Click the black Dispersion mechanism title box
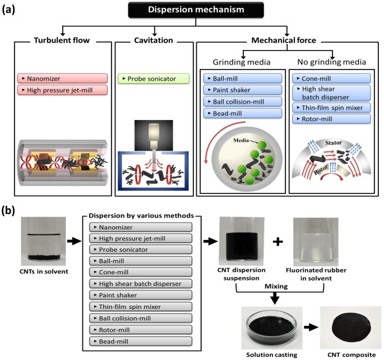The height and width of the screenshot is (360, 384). [x=196, y=10]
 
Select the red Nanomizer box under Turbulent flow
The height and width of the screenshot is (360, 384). [x=62, y=79]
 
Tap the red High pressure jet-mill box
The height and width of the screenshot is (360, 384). [x=62, y=90]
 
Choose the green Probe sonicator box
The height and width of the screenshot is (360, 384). [x=154, y=79]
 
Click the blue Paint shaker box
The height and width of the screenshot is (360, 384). [x=243, y=90]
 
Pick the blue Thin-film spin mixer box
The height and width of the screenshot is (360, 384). [x=332, y=108]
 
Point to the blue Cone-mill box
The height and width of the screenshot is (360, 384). [x=332, y=79]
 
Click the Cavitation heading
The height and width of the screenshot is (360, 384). [x=154, y=40]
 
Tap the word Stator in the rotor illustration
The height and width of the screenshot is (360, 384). [x=334, y=143]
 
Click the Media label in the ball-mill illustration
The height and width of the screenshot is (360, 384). [x=241, y=140]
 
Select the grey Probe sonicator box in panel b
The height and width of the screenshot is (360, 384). [x=141, y=250]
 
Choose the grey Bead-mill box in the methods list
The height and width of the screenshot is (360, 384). [x=141, y=341]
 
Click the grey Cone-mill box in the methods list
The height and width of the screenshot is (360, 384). [x=141, y=272]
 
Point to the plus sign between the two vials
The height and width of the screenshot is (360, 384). [x=278, y=242]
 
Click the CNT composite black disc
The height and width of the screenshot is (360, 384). [x=351, y=328]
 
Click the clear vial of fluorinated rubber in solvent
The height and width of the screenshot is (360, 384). [x=316, y=242]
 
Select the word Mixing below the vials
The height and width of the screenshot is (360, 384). [x=276, y=287]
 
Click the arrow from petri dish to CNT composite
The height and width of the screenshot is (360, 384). [x=311, y=327]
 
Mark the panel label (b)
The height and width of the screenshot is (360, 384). [x=8, y=211]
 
